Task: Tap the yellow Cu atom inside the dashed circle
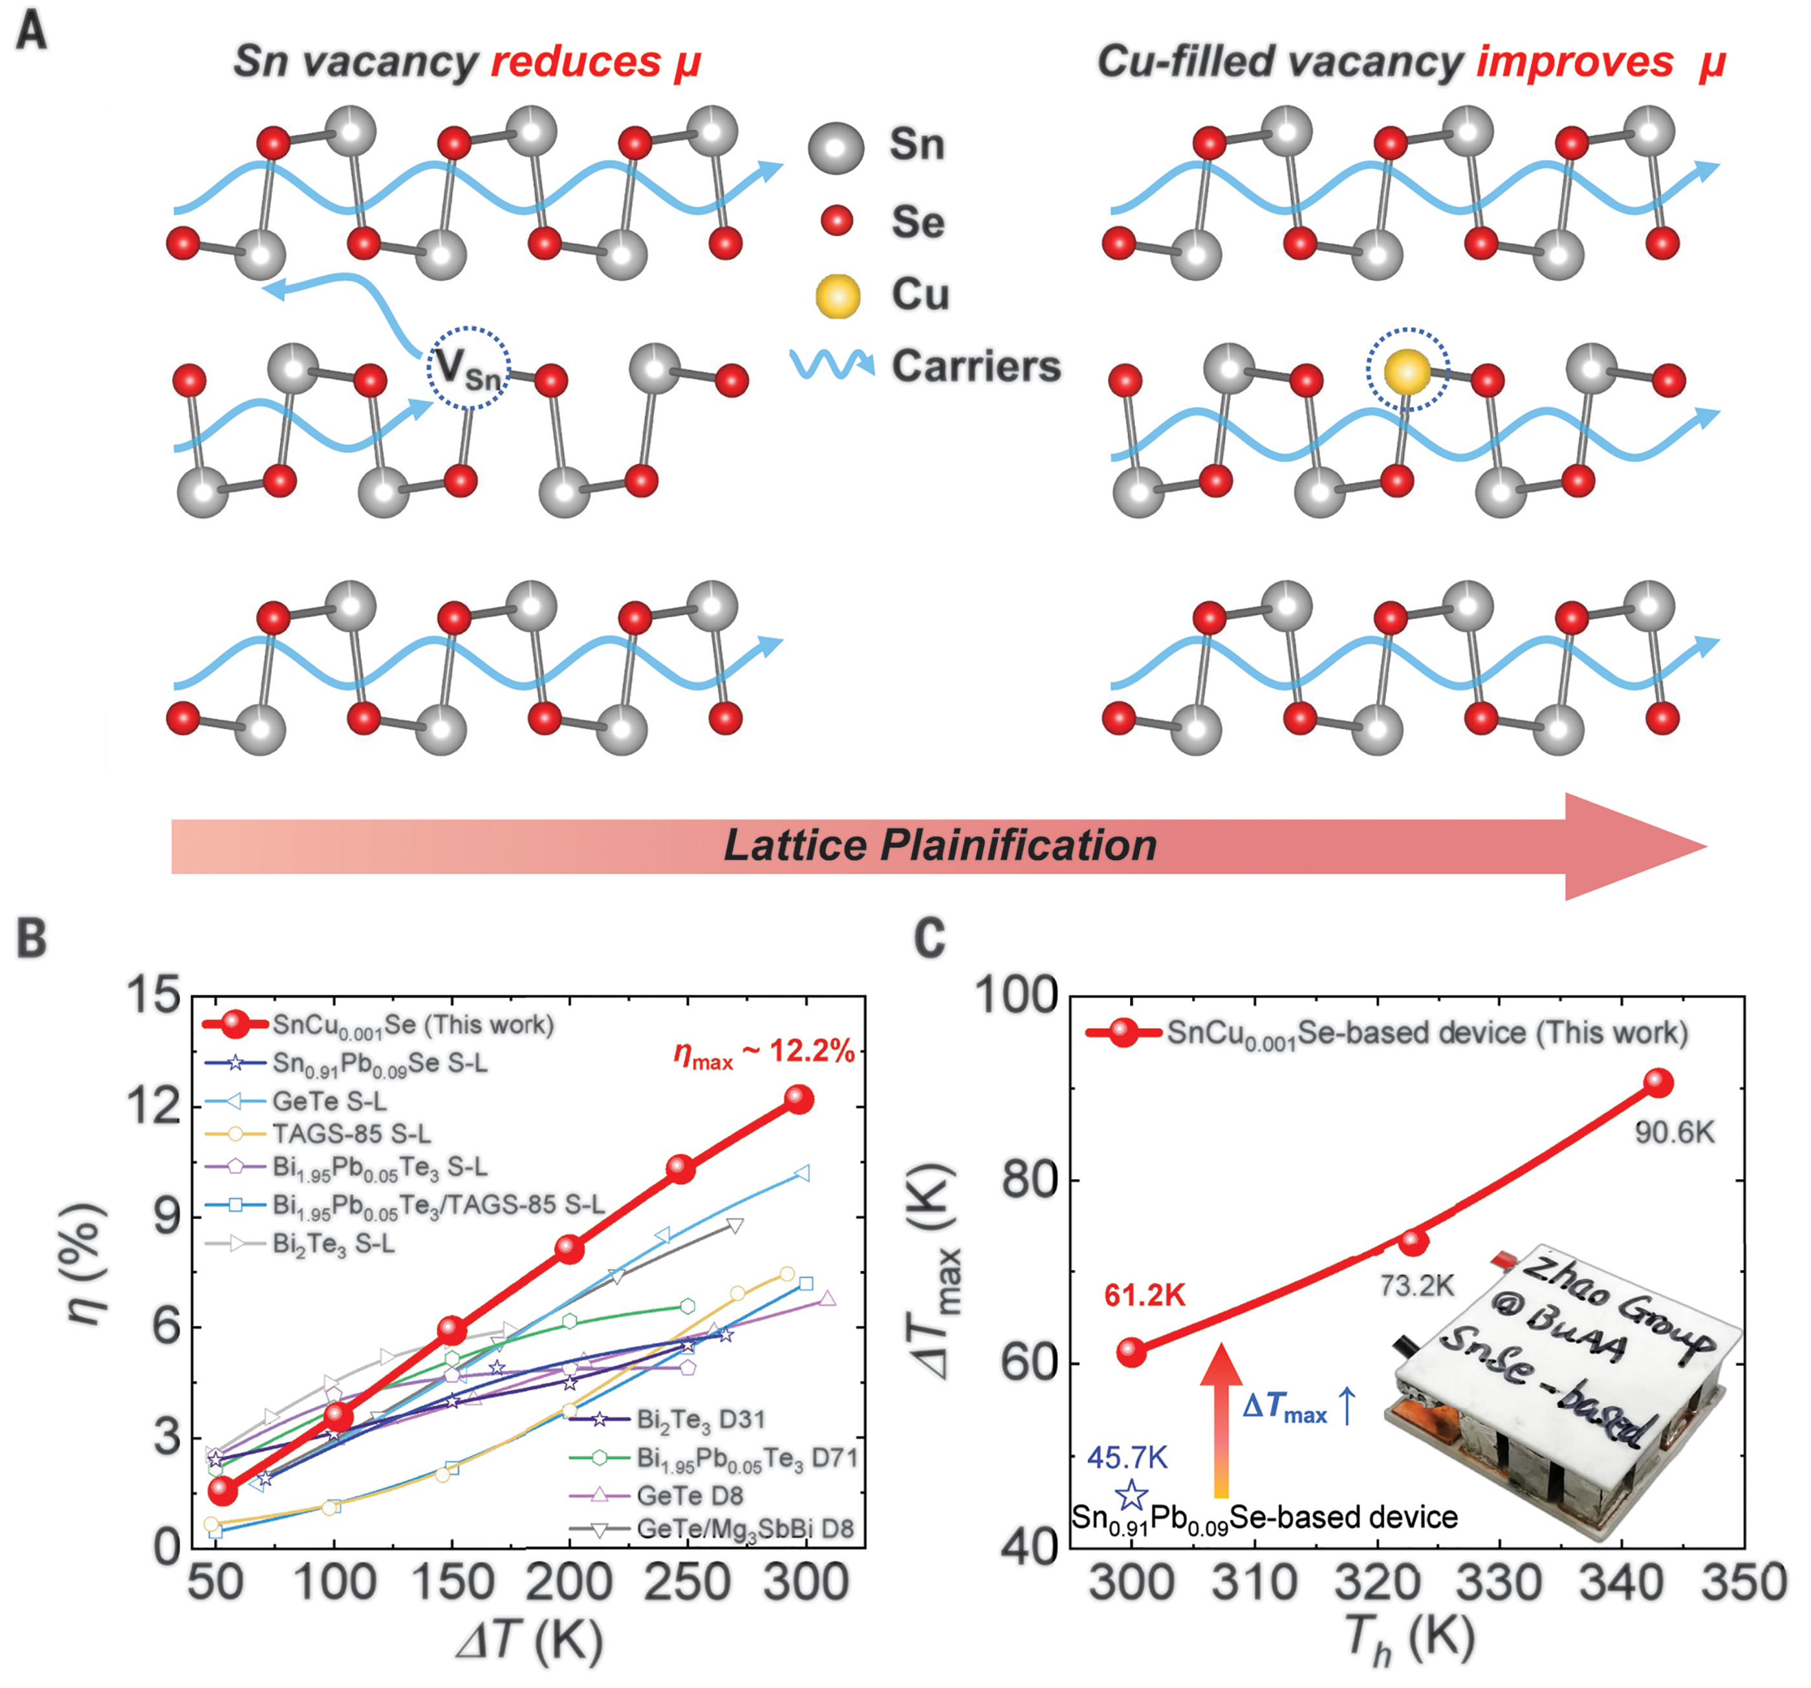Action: [x=1407, y=372]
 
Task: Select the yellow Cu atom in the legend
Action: [x=837, y=296]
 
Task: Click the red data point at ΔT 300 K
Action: [x=799, y=1099]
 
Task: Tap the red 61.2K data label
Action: [x=1144, y=1295]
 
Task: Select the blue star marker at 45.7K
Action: [x=1131, y=1494]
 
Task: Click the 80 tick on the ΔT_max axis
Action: [x=1030, y=1180]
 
